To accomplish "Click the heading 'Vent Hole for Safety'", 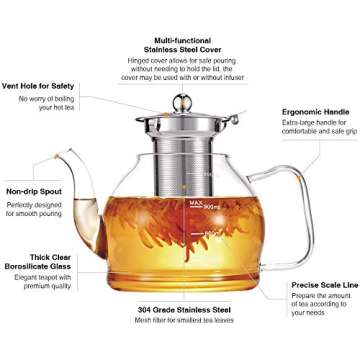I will (40, 87).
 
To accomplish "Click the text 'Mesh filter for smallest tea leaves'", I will (179, 323).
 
